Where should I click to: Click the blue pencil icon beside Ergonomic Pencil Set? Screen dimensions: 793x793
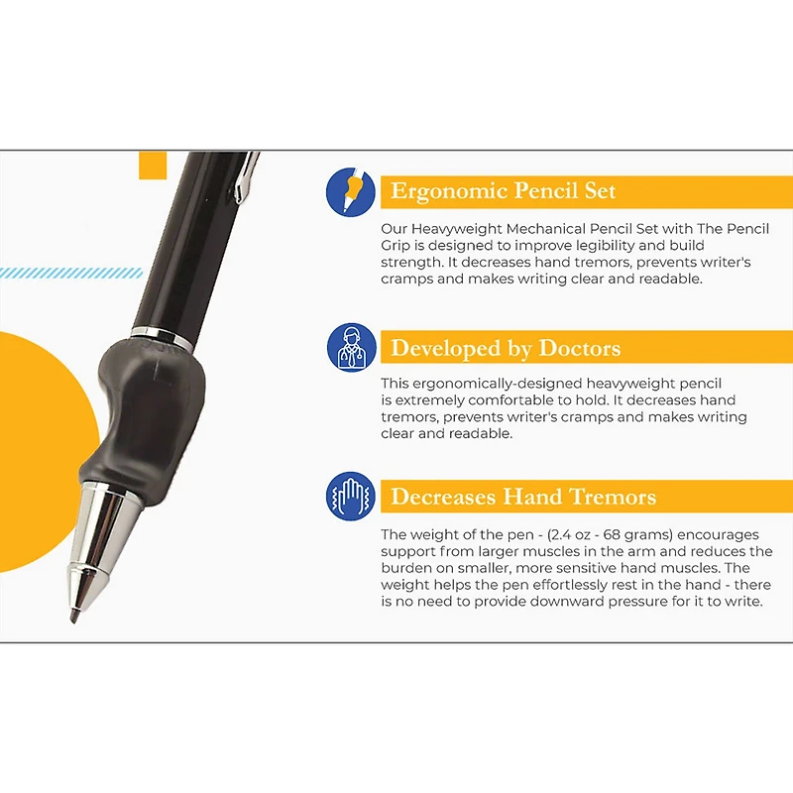[351, 191]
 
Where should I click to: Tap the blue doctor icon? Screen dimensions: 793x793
[351, 348]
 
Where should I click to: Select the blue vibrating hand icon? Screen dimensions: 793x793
[351, 497]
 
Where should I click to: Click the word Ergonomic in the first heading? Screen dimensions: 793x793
[440, 191]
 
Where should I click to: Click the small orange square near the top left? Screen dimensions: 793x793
[153, 165]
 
